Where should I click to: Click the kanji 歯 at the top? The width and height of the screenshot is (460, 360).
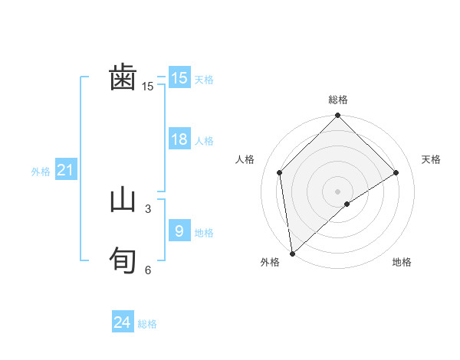(x=123, y=78)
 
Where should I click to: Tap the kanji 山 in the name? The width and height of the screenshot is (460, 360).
(x=123, y=200)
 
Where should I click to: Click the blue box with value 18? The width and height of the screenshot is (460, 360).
(x=179, y=139)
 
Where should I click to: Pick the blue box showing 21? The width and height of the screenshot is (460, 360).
(x=65, y=171)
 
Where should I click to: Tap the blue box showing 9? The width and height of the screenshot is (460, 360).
(x=179, y=231)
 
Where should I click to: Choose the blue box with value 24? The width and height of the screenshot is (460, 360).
(x=123, y=322)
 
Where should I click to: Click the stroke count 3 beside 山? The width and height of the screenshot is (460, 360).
(x=148, y=208)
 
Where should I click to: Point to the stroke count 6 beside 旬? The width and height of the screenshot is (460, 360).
(x=148, y=270)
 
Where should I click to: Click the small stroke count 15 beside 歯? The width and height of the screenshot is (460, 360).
(x=148, y=87)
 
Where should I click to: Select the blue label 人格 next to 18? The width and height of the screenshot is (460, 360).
(x=204, y=141)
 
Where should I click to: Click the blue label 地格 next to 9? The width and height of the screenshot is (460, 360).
(x=204, y=232)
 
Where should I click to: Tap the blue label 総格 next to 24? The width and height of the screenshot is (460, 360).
(x=147, y=324)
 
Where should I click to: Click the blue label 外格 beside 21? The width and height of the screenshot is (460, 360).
(x=41, y=172)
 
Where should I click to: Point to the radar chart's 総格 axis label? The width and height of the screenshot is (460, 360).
(x=338, y=100)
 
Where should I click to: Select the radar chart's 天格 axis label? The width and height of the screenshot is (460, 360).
(x=432, y=159)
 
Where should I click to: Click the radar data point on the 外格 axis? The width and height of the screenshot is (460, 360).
(x=292, y=253)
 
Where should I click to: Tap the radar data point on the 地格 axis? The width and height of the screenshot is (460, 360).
(x=347, y=204)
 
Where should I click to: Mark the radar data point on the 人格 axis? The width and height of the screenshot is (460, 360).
(x=280, y=172)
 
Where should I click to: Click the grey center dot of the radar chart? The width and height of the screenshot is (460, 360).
(x=338, y=191)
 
